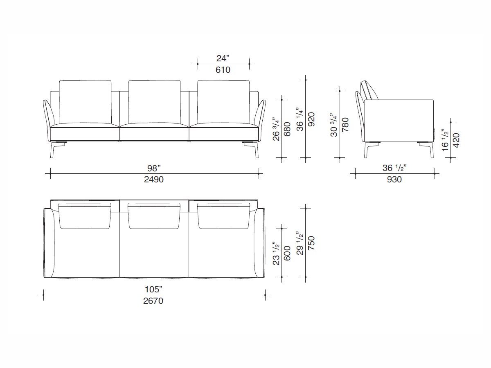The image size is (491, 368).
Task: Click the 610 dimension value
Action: tap(223, 70)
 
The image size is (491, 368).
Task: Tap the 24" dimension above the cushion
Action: tap(223, 58)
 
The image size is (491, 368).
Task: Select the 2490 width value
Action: tap(154, 179)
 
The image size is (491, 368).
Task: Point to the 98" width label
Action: tap(154, 168)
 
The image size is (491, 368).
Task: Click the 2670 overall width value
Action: tap(154, 301)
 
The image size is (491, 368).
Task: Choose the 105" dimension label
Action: tap(154, 289)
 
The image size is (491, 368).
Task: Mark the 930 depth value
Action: tap(392, 179)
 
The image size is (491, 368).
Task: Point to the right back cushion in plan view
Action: tap(223, 215)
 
